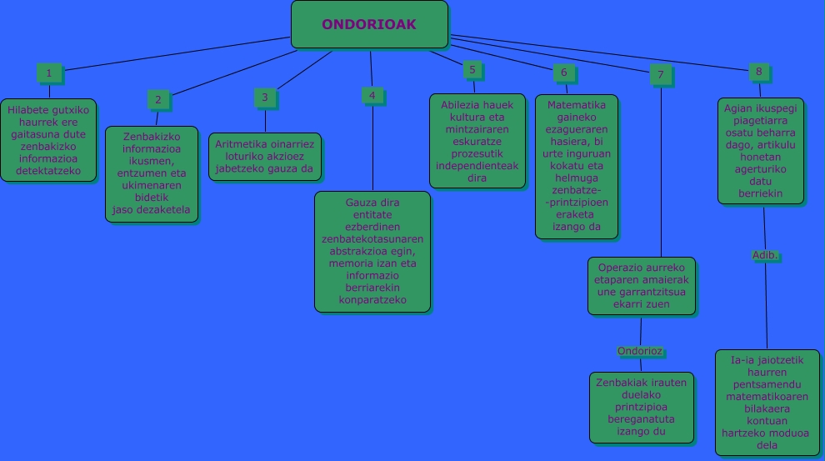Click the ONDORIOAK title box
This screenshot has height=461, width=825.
tap(369, 24)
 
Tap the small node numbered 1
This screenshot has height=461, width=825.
tap(48, 73)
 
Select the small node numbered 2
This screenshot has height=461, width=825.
tap(157, 100)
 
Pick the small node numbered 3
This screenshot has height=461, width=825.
tap(264, 98)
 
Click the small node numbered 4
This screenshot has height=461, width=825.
tap(372, 96)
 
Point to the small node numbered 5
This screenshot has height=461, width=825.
tap(472, 70)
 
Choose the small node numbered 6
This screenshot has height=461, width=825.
tap(563, 73)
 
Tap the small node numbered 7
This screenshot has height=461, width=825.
tap(660, 75)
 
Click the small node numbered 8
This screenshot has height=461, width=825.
tap(758, 72)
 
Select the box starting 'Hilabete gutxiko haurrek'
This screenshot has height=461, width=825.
tap(48, 140)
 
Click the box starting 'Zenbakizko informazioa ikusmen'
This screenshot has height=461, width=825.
tap(152, 174)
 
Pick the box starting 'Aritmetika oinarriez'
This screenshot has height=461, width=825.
tap(264, 157)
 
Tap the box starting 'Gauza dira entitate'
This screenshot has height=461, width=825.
tap(372, 252)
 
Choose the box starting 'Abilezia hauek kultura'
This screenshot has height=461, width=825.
tap(477, 141)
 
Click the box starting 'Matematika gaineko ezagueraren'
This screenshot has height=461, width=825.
tap(577, 167)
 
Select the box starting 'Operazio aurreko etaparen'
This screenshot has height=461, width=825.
tap(641, 286)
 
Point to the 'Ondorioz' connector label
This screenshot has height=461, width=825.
tap(640, 351)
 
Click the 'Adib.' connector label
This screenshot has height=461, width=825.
tap(765, 255)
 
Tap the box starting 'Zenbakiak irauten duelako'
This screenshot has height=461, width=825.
tap(641, 407)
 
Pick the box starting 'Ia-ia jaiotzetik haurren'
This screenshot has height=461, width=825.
tap(767, 403)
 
